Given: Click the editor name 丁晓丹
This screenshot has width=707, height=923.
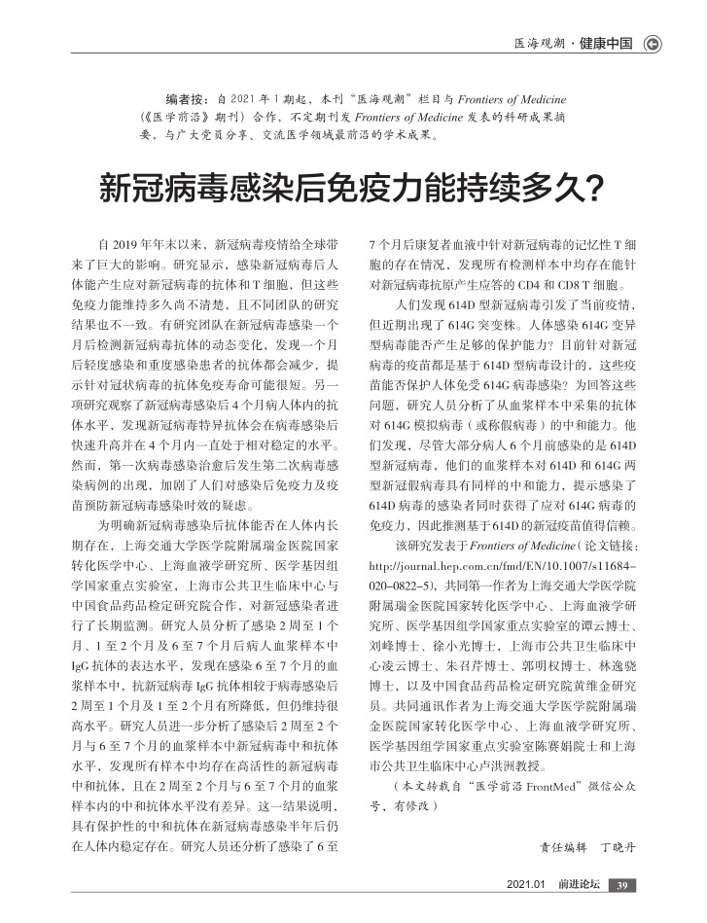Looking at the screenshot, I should point(622,848).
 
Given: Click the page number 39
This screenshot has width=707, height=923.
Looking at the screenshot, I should point(625,884).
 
